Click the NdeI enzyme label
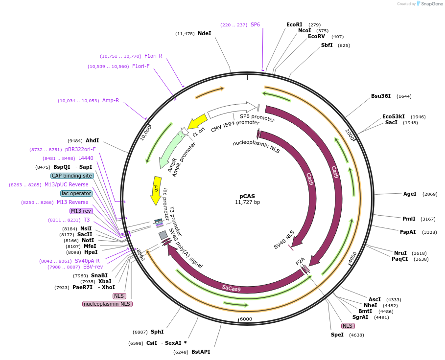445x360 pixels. coord(204,33)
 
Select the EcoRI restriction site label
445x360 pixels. coord(294,24)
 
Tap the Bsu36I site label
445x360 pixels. coord(381,96)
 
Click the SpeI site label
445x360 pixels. coord(337,335)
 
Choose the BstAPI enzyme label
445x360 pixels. coord(201,352)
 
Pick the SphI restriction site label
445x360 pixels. coord(157,332)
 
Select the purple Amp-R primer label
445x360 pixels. coord(111,100)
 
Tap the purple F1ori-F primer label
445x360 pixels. coord(141,66)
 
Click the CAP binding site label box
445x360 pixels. coord(72,176)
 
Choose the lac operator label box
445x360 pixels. coord(76,193)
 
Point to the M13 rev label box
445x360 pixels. coord(81,211)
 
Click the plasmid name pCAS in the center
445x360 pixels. coord(247,196)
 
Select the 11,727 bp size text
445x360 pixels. coord(247,202)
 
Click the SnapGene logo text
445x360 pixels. coord(431,4)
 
